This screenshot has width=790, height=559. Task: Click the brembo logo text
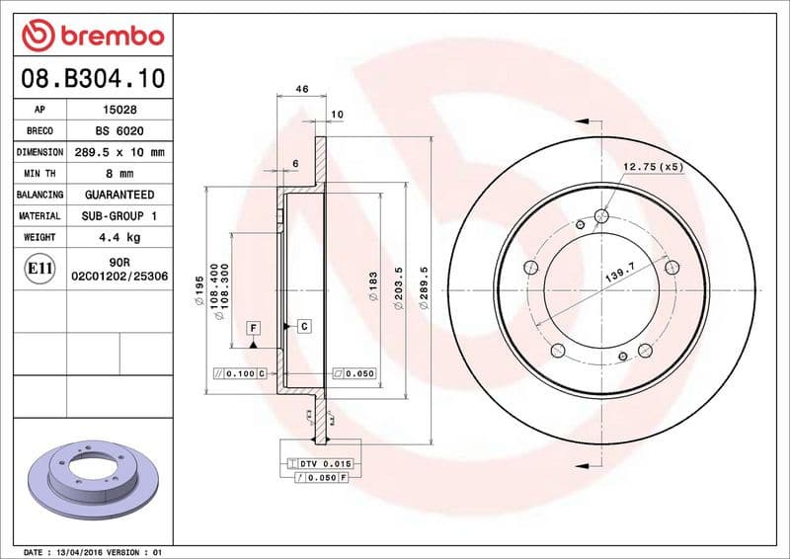(108, 36)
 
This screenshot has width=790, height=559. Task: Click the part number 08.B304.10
(91, 78)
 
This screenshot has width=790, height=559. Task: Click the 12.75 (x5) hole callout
(653, 167)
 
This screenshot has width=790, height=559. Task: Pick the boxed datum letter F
(253, 327)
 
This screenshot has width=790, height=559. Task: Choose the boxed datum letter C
(303, 325)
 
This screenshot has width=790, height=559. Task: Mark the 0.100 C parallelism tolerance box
(240, 373)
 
